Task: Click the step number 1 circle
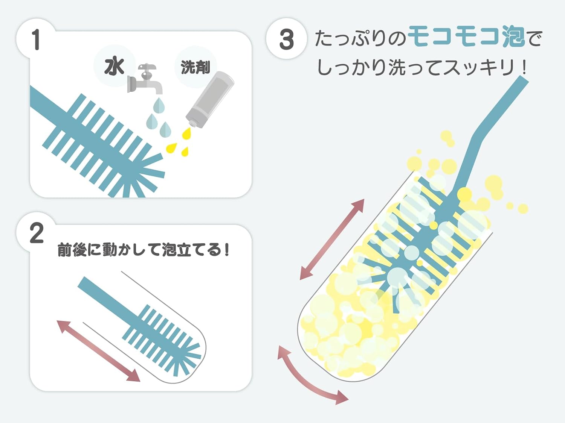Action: pos(36,40)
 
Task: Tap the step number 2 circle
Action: pos(37,233)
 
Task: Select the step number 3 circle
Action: pos(286,39)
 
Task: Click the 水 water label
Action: pos(114,67)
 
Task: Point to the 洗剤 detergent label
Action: pos(195,67)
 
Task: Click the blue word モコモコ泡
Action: pos(466,36)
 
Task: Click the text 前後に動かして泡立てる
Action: pos(143,250)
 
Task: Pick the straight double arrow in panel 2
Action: pos(98,351)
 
